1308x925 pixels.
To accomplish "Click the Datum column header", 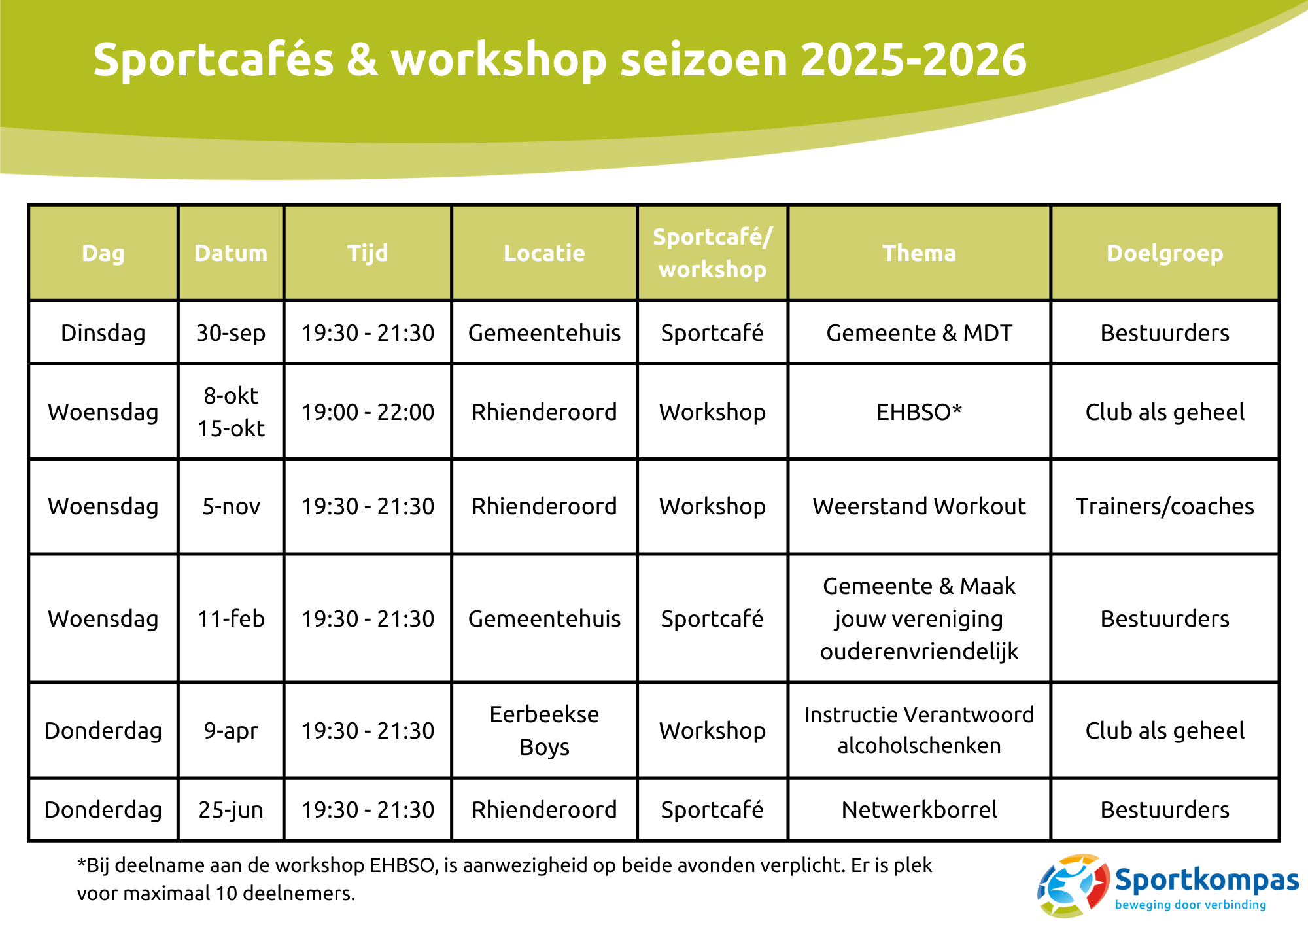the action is (x=231, y=253).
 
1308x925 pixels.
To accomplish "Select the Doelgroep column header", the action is (x=1165, y=254).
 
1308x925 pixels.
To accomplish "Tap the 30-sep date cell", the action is (x=231, y=333).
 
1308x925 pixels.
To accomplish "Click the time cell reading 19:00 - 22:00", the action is (x=368, y=412).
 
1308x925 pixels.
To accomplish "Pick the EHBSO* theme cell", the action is (x=919, y=412).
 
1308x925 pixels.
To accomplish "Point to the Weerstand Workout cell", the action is (x=919, y=506).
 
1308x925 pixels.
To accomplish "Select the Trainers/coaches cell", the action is (x=1165, y=506).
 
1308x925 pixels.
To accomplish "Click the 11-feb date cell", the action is (x=231, y=619).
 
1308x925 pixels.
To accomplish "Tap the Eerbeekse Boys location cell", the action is (x=544, y=731).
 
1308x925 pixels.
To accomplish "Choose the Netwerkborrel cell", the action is (x=919, y=810).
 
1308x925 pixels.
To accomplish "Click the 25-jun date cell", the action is (x=231, y=810).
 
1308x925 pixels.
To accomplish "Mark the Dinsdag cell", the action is (x=103, y=333).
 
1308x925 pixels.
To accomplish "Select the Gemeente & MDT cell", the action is (x=919, y=333).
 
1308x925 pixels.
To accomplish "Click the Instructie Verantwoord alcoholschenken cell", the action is (x=919, y=730).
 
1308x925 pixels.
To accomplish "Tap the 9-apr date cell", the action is (x=231, y=731).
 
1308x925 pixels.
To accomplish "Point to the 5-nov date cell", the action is (x=231, y=506).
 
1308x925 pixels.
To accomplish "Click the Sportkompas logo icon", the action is (x=1073, y=886).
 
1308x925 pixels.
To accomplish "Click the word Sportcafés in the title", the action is (x=214, y=60).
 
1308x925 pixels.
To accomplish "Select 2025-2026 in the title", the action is (x=914, y=60).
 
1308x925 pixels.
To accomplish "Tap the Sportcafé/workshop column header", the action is (x=712, y=253).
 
